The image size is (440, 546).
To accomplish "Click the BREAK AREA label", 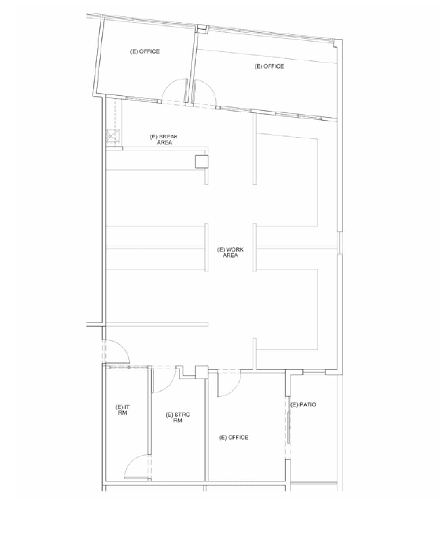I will (x=164, y=139).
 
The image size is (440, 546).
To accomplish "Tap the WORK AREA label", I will (x=230, y=252).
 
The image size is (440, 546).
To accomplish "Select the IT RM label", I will (x=122, y=410).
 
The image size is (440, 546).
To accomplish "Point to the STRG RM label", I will (x=177, y=417).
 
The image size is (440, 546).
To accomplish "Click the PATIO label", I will (x=303, y=405).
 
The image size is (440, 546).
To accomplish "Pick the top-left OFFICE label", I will (x=145, y=52).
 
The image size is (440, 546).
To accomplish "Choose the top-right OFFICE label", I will (x=269, y=66).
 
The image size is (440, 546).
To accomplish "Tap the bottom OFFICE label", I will (x=234, y=437).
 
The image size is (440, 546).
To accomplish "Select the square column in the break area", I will (x=202, y=161).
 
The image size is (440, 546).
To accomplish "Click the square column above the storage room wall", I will (x=202, y=372).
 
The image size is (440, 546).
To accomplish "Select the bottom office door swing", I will (x=229, y=384).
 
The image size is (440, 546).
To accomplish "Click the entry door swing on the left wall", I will (x=117, y=352).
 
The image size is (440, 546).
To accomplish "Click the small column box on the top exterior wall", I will (x=202, y=29).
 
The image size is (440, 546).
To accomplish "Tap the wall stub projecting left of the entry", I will (x=95, y=325).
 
